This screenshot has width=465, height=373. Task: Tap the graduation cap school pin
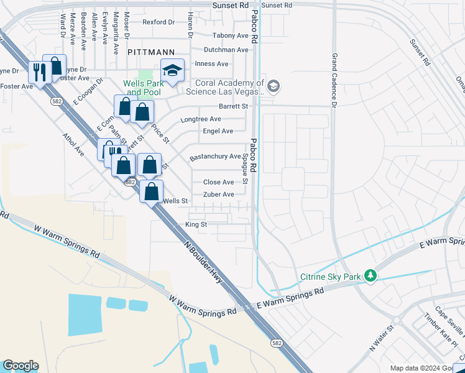[x=173, y=70]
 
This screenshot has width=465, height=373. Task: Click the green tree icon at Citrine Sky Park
[x=371, y=275]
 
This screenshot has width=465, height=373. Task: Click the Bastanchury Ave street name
[x=215, y=157]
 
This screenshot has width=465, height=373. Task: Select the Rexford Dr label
[x=159, y=22]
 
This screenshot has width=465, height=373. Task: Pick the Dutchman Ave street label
[x=226, y=50]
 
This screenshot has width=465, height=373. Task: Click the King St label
[x=196, y=224]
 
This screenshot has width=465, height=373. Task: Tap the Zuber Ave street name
[x=219, y=195]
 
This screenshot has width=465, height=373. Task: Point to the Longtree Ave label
[x=200, y=119]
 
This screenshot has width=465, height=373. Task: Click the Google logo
[x=21, y=366]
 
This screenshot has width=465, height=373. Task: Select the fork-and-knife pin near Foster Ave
[x=39, y=73]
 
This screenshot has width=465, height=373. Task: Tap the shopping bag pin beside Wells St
[x=151, y=191]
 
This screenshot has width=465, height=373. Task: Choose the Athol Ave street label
[x=73, y=142]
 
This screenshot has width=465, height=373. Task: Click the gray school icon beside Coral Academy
[x=274, y=86]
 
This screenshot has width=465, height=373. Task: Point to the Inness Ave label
[x=211, y=63]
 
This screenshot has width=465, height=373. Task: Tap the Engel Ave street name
[x=218, y=131]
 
